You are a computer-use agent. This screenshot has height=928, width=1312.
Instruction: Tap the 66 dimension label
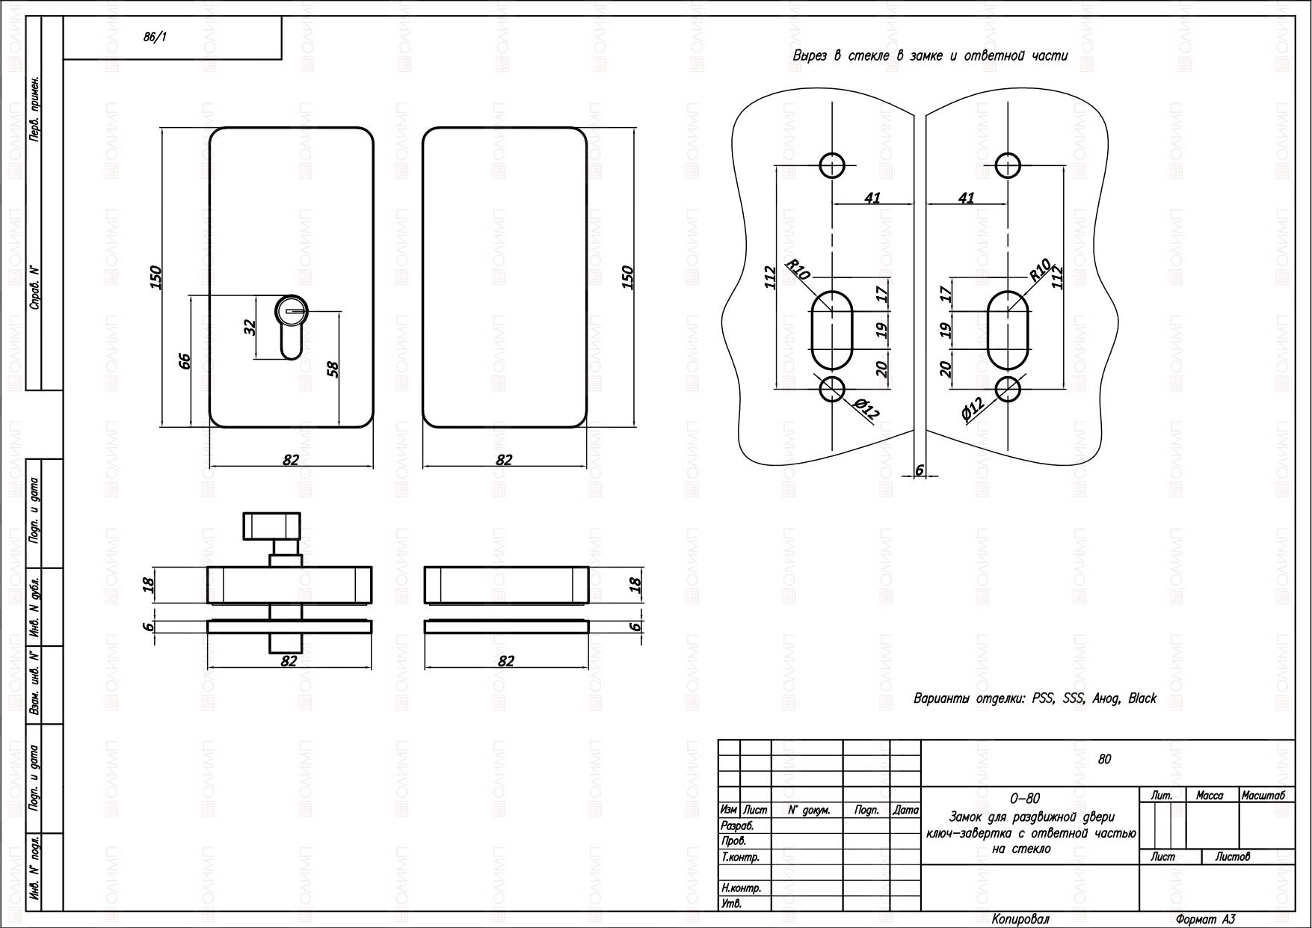[x=185, y=361]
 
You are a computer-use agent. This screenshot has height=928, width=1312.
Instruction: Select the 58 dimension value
[x=333, y=369]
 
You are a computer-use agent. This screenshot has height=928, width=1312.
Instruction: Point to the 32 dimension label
[x=250, y=328]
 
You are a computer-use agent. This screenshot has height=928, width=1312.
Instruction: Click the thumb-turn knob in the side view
[x=271, y=526]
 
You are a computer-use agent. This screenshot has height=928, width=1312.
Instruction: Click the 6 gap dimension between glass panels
[x=920, y=470]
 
